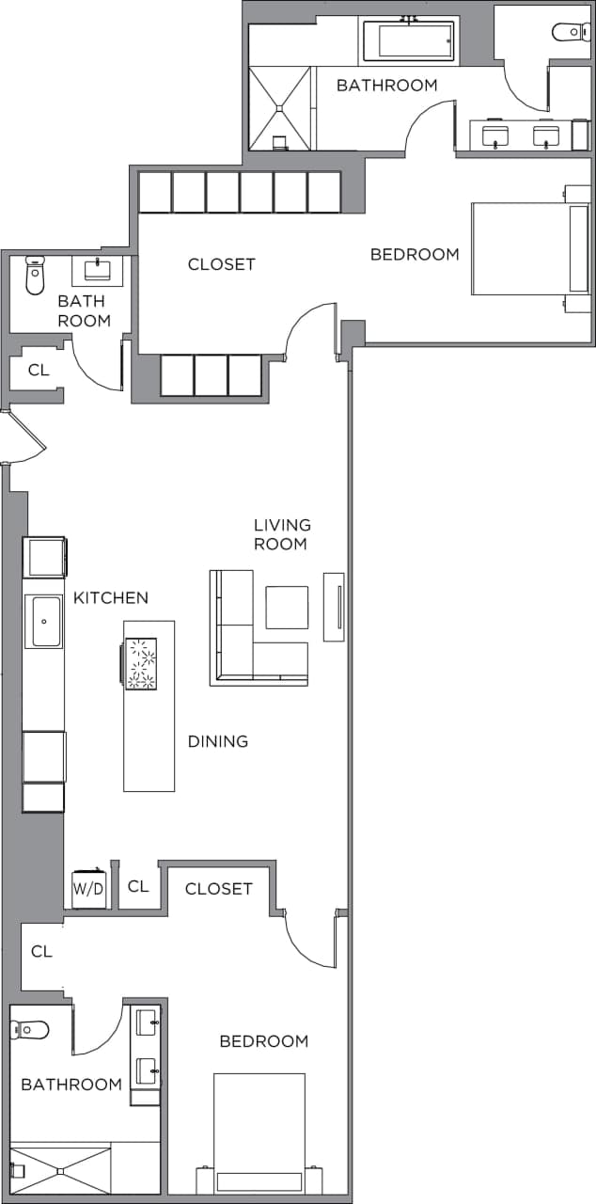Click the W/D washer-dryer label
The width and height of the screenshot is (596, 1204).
[89, 887]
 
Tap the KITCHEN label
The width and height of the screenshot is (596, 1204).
[111, 598]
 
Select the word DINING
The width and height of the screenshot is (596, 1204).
[218, 741]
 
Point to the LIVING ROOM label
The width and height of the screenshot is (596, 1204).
[282, 534]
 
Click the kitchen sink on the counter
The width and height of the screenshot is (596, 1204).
[43, 622]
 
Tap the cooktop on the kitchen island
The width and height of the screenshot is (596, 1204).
[141, 663]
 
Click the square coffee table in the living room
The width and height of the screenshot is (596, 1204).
[287, 608]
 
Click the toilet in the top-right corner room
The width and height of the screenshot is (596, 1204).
[571, 32]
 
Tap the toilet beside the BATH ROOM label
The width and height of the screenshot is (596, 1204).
[36, 275]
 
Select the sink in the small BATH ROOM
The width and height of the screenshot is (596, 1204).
[98, 271]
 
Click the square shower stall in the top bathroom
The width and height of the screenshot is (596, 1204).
[280, 107]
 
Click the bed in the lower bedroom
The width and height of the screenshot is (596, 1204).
[259, 1133]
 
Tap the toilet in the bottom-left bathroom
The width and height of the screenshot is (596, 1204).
[30, 1030]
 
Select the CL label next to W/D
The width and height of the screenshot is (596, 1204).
[138, 886]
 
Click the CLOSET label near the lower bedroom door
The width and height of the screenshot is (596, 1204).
[218, 889]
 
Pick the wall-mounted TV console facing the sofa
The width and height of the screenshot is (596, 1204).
[334, 607]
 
